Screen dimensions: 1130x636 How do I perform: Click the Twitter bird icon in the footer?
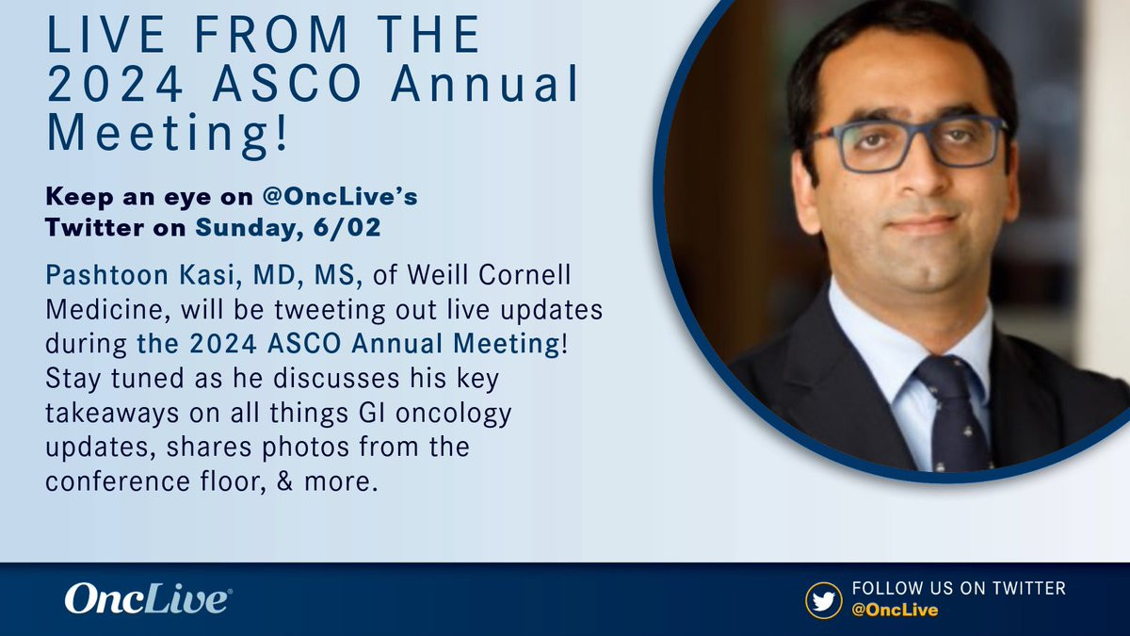coord(823,601)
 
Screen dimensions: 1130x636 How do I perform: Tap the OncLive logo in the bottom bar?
coord(149,598)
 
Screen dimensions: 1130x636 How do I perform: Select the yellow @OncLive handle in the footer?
coord(895,610)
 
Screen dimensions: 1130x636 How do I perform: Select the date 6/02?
coord(347,227)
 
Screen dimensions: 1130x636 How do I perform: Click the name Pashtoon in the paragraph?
coord(107,275)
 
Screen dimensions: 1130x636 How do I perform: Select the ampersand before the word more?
coord(284,481)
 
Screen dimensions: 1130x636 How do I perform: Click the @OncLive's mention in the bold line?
coord(340,197)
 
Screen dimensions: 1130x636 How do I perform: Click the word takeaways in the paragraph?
coord(112,414)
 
